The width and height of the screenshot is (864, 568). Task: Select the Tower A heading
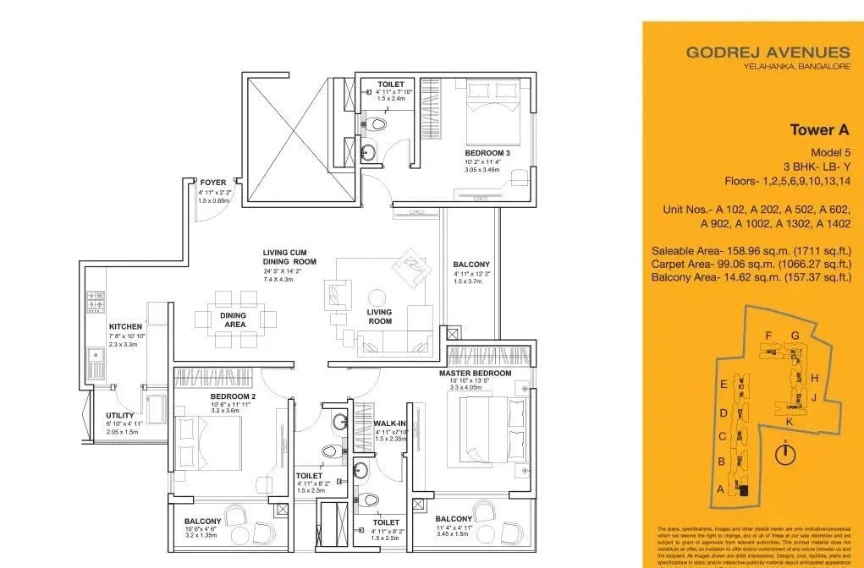click(x=818, y=130)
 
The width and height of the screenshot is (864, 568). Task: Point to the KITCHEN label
click(x=125, y=326)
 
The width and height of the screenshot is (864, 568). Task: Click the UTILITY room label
click(x=121, y=415)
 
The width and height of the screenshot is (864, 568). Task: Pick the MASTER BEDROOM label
click(x=475, y=373)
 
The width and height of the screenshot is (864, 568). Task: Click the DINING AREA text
click(x=234, y=319)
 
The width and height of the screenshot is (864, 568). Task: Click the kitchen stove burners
click(x=94, y=302)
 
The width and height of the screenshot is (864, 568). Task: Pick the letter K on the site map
click(x=789, y=421)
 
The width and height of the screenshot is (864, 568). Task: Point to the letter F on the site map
click(x=768, y=336)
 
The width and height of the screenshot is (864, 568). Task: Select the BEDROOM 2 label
click(x=233, y=396)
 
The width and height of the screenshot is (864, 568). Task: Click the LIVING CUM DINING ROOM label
click(x=289, y=257)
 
